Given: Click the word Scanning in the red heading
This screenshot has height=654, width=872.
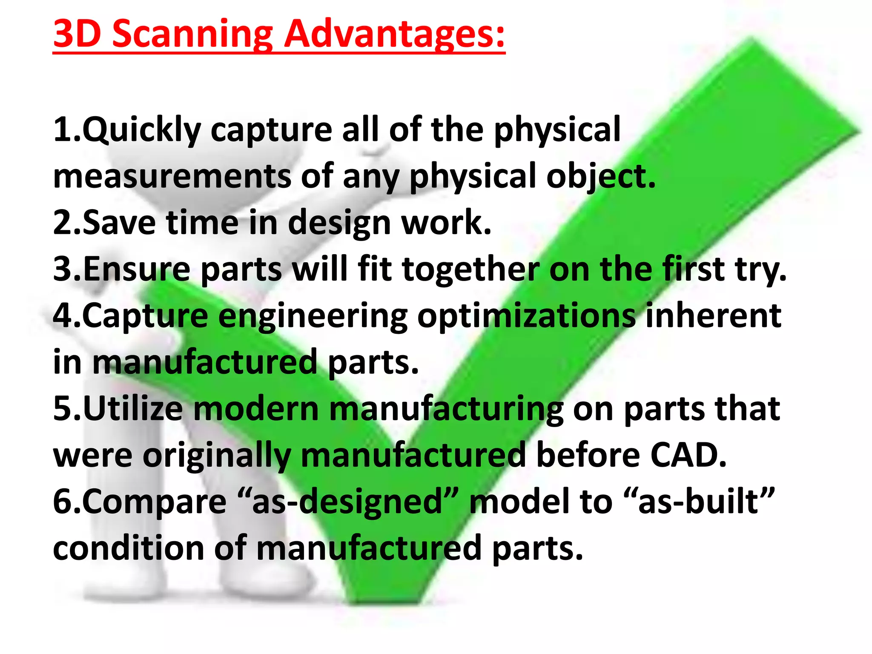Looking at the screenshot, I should [192, 34].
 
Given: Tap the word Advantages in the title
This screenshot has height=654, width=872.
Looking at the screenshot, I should [394, 34].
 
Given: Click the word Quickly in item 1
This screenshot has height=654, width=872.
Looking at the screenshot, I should [142, 129].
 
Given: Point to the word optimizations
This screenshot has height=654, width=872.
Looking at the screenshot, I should [526, 316].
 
